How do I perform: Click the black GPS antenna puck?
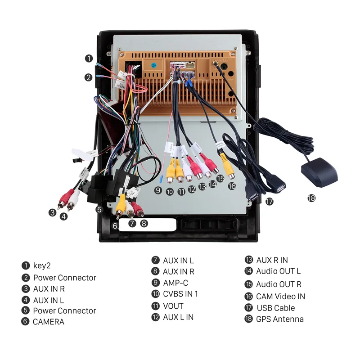point(318,174)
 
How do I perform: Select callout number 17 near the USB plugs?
point(270,202)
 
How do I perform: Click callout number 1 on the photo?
point(89,58)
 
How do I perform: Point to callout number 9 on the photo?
point(157,190)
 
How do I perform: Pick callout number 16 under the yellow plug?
point(232,185)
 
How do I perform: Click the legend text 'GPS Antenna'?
point(280,319)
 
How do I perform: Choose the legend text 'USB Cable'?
point(276,308)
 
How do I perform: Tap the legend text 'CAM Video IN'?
point(280,296)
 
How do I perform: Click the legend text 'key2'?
point(42,266)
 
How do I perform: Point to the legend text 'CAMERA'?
point(49,322)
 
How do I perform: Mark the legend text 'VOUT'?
point(173,306)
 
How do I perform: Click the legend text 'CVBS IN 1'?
point(180,294)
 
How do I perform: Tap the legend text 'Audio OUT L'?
point(278,271)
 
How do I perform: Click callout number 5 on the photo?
point(99,209)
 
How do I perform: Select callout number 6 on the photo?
point(115,225)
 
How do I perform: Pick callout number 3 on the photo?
point(53,212)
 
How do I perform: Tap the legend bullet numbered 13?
point(249,260)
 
